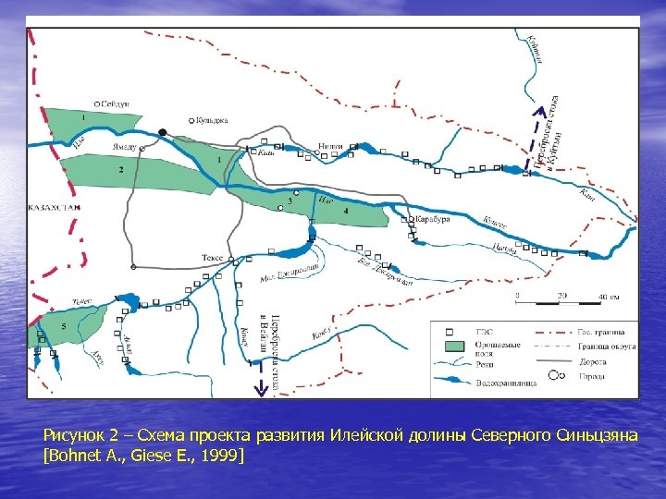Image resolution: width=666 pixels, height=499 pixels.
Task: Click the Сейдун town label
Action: [x=117, y=103]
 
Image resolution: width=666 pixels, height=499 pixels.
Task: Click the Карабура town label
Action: [x=433, y=220]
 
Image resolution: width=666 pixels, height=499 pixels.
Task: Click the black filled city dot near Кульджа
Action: [x=163, y=132]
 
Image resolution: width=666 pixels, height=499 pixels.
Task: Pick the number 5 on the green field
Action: [x=64, y=327]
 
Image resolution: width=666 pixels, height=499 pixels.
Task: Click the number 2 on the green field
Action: [x=120, y=170]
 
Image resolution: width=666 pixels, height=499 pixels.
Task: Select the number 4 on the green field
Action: [x=346, y=212]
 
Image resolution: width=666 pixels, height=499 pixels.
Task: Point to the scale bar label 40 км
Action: [x=609, y=296]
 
